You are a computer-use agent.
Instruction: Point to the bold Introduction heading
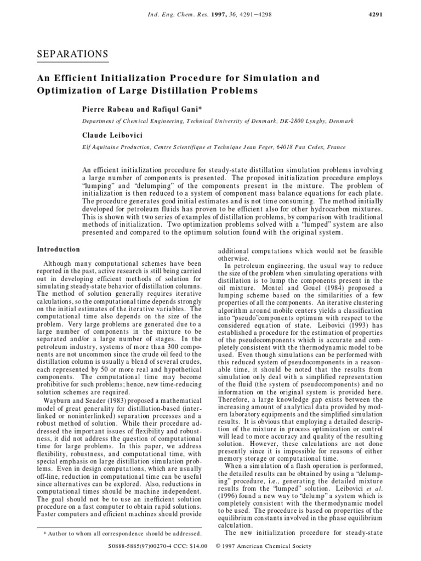click(59, 249)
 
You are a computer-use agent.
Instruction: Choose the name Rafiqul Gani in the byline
click(175, 110)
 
